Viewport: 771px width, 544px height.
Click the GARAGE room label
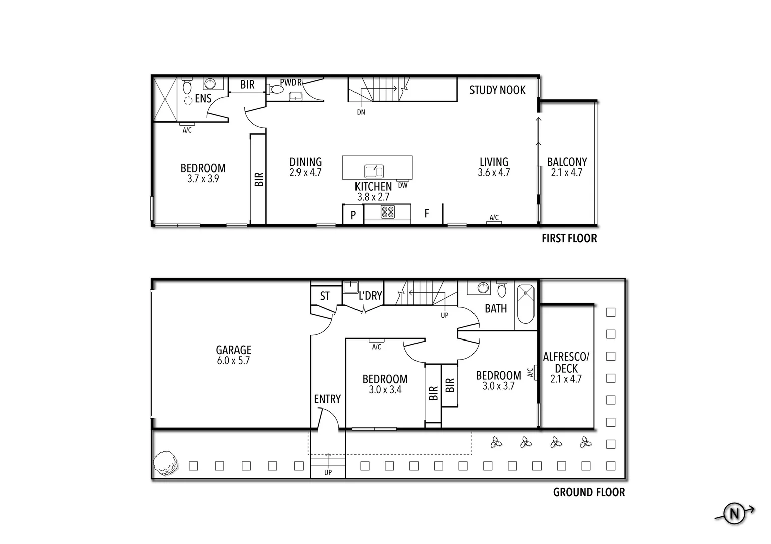click(x=233, y=350)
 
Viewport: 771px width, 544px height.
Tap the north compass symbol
click(x=734, y=513)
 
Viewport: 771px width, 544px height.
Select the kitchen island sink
click(x=374, y=171)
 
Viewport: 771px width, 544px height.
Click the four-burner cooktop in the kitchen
click(x=387, y=212)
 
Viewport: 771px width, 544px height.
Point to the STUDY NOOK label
click(x=497, y=90)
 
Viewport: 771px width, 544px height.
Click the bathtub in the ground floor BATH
click(x=526, y=305)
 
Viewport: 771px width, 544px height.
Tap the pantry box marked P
click(x=353, y=215)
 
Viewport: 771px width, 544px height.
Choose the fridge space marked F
click(x=426, y=214)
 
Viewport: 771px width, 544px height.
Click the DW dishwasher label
click(x=402, y=185)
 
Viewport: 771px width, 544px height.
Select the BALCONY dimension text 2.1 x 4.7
click(x=567, y=173)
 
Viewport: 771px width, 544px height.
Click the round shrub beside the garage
click(x=165, y=462)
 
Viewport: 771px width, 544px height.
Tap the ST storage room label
click(x=325, y=296)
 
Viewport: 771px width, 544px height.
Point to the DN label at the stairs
click(x=361, y=112)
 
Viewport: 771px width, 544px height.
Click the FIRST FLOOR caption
click(x=569, y=239)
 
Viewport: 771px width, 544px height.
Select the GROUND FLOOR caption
click(x=588, y=492)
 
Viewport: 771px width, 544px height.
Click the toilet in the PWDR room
click(x=276, y=90)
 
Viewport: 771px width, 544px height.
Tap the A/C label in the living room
click(x=494, y=218)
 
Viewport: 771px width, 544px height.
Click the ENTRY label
click(x=327, y=399)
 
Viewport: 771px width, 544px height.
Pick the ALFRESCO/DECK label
click(x=566, y=363)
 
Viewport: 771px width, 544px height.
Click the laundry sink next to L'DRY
click(x=350, y=287)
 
